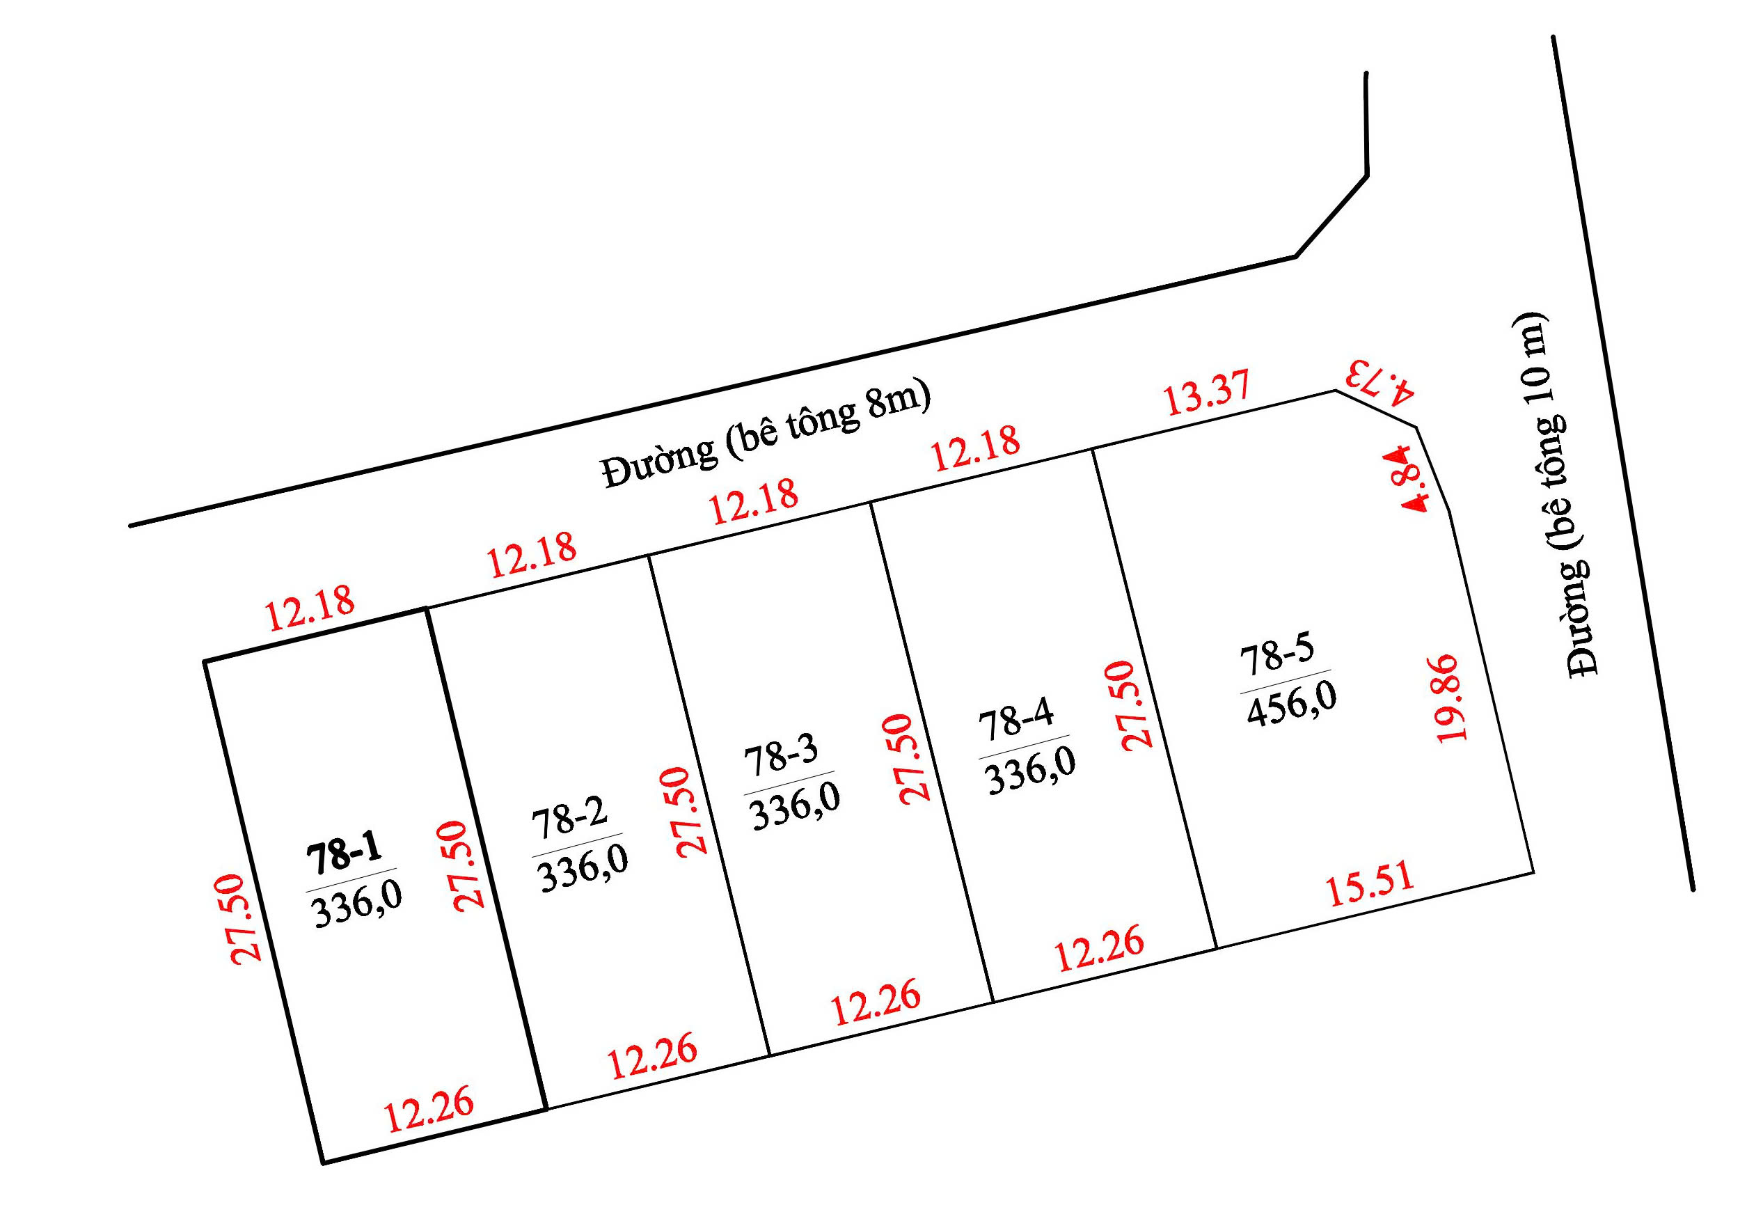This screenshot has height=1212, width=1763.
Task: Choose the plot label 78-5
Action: pyautogui.click(x=1276, y=654)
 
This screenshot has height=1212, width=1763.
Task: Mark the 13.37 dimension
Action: pyautogui.click(x=1206, y=393)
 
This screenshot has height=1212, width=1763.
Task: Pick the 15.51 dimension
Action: pyautogui.click(x=1370, y=884)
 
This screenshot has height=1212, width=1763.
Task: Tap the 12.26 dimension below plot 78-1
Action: pyautogui.click(x=429, y=1110)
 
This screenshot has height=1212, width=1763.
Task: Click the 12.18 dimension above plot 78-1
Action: pyautogui.click(x=310, y=608)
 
